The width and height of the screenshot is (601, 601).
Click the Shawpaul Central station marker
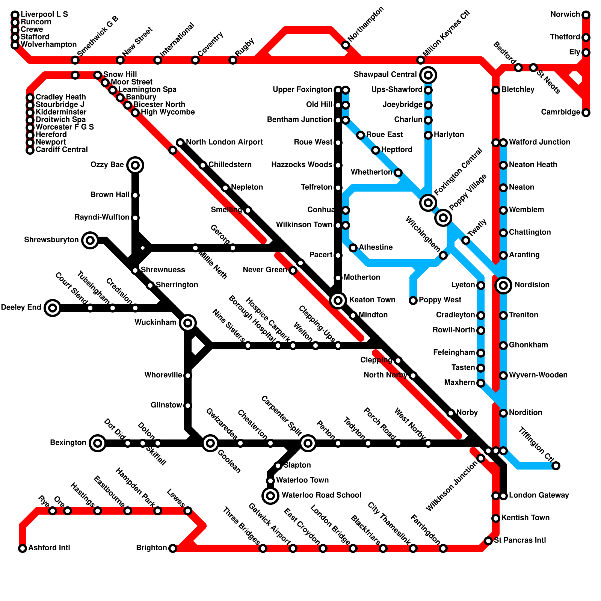click(x=428, y=75)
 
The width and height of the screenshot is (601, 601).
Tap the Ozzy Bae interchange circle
click(x=135, y=165)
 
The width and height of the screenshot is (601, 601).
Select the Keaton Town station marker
click(x=338, y=300)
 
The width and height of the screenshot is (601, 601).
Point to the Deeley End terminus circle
click(x=53, y=308)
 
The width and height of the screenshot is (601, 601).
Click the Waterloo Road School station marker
click(x=270, y=496)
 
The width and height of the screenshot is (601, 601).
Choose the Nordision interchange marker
click(x=503, y=285)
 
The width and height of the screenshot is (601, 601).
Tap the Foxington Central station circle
click(x=428, y=203)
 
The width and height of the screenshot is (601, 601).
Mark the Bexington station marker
click(x=98, y=443)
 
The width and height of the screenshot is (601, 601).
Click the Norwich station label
click(x=565, y=15)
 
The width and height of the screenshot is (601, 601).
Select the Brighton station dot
click(x=173, y=548)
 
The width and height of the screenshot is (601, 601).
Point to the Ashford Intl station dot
click(x=23, y=548)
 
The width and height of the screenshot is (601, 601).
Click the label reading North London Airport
click(x=224, y=142)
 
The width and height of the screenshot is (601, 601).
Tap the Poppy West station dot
click(x=413, y=300)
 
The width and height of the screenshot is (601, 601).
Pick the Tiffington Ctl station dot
click(x=556, y=466)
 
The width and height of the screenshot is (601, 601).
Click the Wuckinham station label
click(x=155, y=323)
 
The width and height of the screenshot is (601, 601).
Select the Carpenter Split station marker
click(x=308, y=443)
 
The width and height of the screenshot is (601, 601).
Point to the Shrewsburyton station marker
click(x=90, y=240)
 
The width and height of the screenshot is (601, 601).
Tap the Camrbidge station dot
click(x=586, y=113)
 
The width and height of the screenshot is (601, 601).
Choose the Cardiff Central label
click(x=61, y=150)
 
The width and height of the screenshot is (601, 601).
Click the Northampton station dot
click(x=346, y=45)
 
